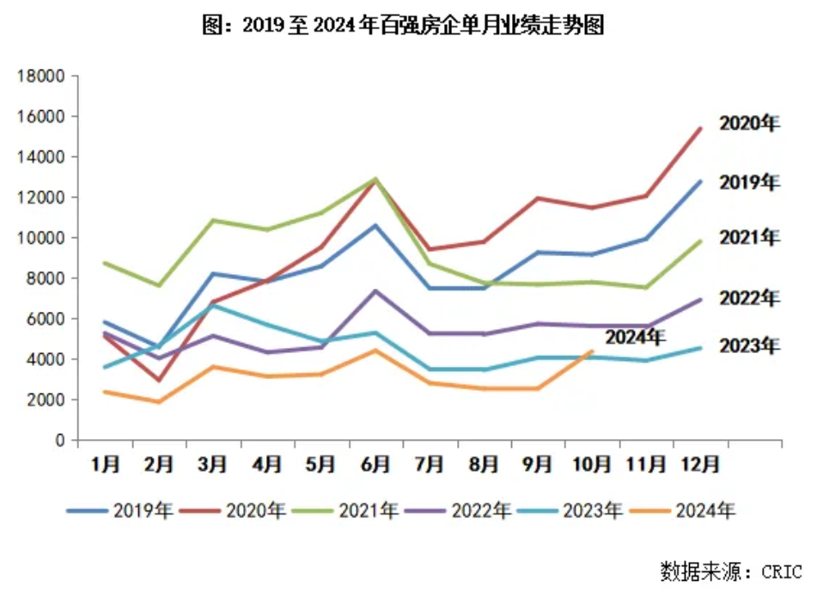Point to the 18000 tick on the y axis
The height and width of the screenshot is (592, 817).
[x=42, y=76]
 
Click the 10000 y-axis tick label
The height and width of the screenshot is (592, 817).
[x=42, y=238]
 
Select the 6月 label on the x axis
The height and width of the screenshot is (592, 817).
[x=375, y=465]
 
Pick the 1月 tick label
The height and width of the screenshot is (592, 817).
[x=105, y=465]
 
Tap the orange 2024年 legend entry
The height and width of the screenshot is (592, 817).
[x=682, y=510]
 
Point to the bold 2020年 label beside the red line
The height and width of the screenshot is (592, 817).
[x=749, y=124]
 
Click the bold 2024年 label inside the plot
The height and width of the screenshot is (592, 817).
[x=635, y=337]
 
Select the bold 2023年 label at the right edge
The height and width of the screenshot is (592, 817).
[x=749, y=346]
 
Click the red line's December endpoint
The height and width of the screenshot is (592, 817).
[x=700, y=129]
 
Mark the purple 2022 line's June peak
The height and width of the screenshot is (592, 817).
[x=375, y=290]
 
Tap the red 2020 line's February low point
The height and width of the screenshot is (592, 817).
[x=159, y=380]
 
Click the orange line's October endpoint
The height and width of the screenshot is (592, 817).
[x=592, y=351]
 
